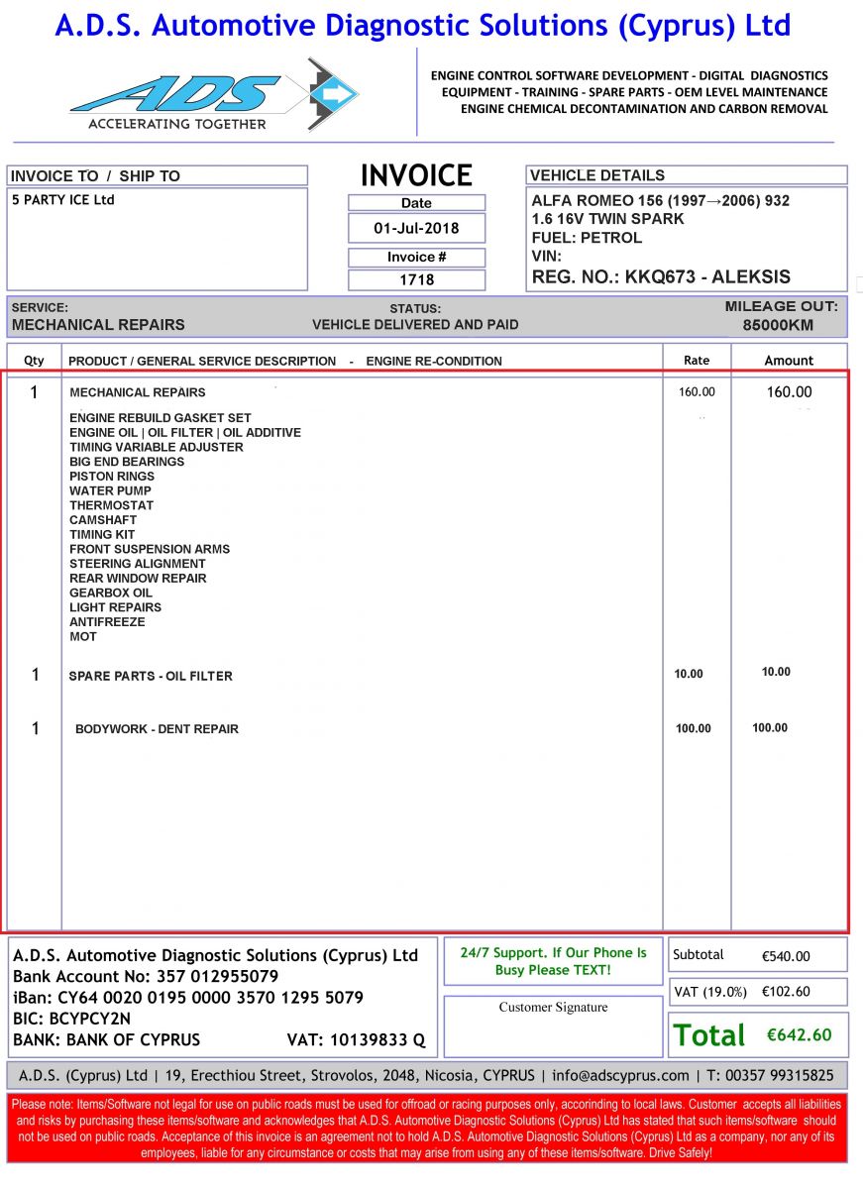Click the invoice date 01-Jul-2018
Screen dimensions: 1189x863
[416, 228]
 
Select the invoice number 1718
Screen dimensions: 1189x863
[416, 279]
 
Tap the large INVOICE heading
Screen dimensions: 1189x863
[416, 175]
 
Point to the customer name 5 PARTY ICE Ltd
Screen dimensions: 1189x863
[62, 200]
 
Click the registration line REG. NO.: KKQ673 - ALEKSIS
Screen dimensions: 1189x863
[661, 276]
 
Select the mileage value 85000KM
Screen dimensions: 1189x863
[778, 324]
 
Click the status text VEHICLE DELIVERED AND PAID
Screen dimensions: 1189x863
[415, 324]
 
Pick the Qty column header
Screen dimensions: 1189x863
[34, 361]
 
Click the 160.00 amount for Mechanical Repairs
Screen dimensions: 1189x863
[789, 392]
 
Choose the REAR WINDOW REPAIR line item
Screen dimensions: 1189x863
[138, 578]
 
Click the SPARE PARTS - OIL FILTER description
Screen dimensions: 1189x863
[151, 676]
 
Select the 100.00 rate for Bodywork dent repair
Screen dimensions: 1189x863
[693, 728]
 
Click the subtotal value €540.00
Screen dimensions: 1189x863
[786, 956]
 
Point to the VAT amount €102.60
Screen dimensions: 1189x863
[786, 991]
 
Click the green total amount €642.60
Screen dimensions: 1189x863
[799, 1034]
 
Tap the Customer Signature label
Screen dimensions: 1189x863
[553, 1008]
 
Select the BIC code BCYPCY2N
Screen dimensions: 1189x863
[90, 1019]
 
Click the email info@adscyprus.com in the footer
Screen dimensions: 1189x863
[619, 1075]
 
